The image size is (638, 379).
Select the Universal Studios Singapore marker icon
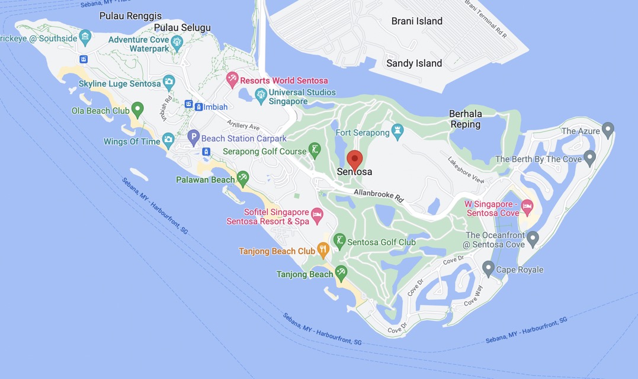260,94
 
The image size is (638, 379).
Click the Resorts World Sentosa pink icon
233,79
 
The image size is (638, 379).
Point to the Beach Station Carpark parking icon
193,138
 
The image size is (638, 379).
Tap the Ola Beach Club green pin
137,109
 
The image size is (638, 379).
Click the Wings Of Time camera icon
168,140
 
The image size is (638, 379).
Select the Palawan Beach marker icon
242,178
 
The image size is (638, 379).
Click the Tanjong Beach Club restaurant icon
323,250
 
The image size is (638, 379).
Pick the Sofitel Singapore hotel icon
317,214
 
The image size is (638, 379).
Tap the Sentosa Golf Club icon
339,240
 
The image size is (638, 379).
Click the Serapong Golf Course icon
315,149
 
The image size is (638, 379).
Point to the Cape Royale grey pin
488,268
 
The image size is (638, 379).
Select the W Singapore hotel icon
527,207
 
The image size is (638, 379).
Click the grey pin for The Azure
607,129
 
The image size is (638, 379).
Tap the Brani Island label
416,21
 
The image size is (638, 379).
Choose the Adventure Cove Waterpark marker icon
177,41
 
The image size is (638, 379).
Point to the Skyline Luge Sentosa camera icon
169,82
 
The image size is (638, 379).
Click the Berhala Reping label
465,119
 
